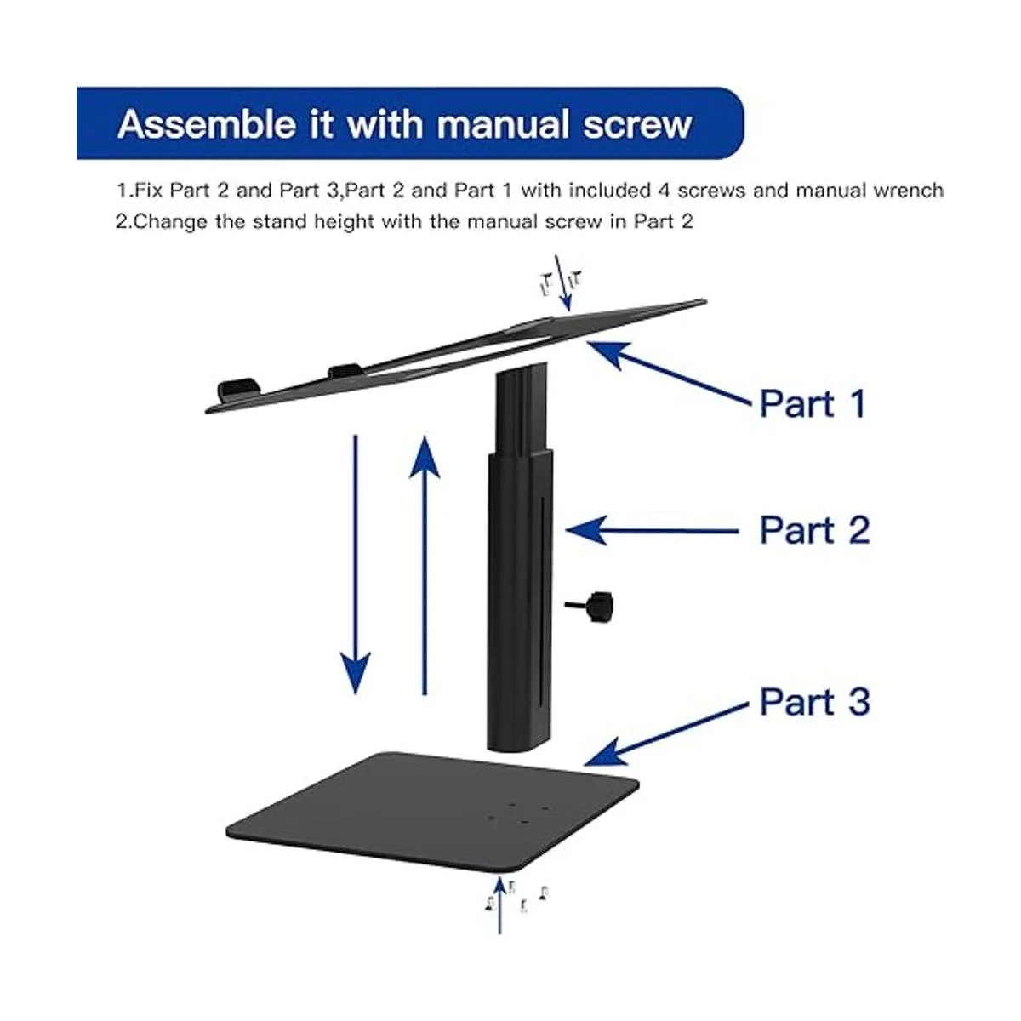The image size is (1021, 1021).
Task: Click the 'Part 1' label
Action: tap(813, 404)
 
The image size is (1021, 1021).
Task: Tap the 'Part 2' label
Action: tap(814, 530)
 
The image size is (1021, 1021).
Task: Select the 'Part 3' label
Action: tap(814, 702)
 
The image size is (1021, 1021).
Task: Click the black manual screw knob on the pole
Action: tap(592, 606)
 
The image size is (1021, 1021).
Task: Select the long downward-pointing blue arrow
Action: tap(355, 564)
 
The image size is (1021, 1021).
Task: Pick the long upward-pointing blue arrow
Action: tap(425, 564)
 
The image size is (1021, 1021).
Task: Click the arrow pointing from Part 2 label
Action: tap(653, 530)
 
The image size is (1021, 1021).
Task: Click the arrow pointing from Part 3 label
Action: tap(666, 734)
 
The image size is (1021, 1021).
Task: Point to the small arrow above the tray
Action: tap(562, 282)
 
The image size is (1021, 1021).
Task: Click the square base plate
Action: tap(432, 811)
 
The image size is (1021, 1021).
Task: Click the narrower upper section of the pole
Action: tap(521, 408)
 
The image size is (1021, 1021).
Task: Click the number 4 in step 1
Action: tap(665, 191)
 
